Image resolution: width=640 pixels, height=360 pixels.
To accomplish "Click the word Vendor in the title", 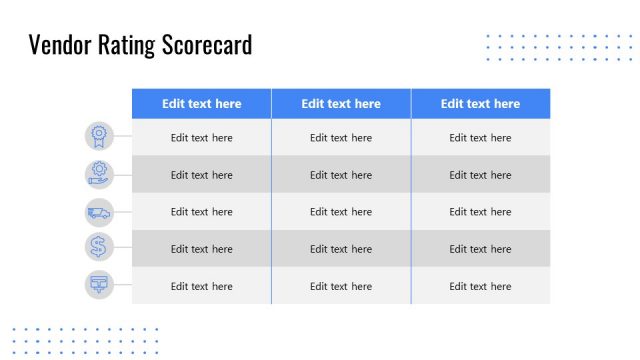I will [58, 45].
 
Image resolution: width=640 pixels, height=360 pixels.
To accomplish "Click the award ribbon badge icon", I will [99, 136].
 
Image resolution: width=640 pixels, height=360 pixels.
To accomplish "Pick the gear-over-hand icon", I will [99, 174].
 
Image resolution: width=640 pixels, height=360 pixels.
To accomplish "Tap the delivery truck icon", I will [99, 211].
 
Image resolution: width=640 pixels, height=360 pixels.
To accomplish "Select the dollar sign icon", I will [99, 247].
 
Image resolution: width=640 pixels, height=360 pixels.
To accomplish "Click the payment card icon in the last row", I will [99, 284].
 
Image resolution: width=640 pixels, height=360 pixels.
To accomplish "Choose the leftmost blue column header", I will [201, 104].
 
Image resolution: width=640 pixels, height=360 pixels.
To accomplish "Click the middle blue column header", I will [341, 104].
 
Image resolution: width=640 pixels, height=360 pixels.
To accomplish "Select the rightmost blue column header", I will [480, 104].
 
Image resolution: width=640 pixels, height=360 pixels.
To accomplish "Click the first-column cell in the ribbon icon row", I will [201, 138].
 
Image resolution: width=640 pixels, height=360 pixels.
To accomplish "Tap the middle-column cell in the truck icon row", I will [341, 212].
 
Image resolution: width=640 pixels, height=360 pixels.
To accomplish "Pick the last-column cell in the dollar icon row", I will [480, 249].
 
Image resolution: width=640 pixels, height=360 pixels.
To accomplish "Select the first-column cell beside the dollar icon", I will [201, 249].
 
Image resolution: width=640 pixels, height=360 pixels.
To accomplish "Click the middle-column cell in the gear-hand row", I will [341, 175].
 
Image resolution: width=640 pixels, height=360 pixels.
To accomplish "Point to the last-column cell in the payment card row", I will [480, 286].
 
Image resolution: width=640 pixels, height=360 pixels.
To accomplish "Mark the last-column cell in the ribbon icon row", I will [480, 138].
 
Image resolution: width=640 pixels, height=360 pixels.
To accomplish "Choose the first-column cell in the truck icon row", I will [201, 212].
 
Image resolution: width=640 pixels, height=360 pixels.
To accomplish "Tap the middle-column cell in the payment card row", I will [341, 286].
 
